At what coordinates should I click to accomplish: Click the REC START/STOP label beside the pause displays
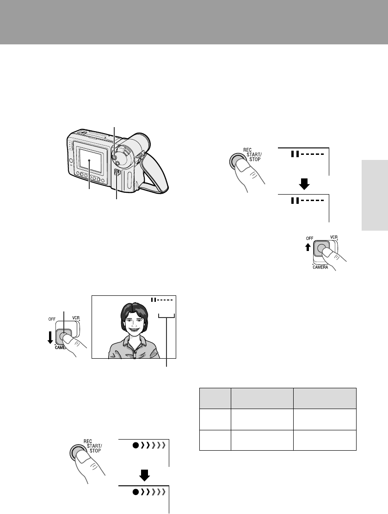pyautogui.click(x=253, y=155)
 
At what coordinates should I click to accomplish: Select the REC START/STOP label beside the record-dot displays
pyautogui.click(x=93, y=446)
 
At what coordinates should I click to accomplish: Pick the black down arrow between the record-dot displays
pyautogui.click(x=144, y=475)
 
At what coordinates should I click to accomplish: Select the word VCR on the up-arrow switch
pyautogui.click(x=333, y=237)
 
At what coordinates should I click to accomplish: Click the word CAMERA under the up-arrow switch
pyautogui.click(x=320, y=267)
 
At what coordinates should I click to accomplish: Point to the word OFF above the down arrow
pyautogui.click(x=52, y=319)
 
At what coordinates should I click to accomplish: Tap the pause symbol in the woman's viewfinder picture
pyautogui.click(x=153, y=300)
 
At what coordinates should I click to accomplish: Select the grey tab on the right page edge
pyautogui.click(x=375, y=196)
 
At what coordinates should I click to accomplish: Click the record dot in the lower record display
pyautogui.click(x=135, y=492)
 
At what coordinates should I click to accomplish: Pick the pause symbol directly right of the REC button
pyautogui.click(x=295, y=154)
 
